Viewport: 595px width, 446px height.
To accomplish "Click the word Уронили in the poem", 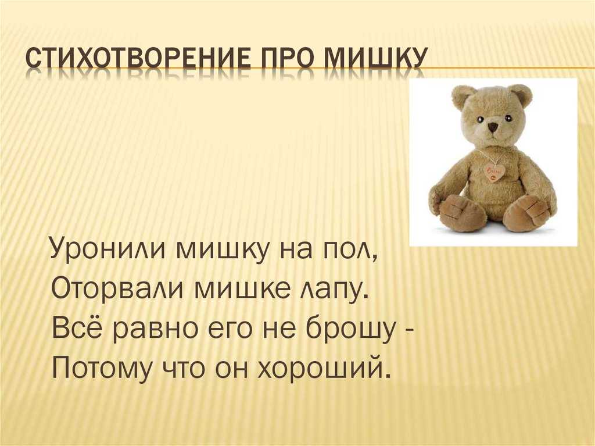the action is [x=107, y=251].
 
